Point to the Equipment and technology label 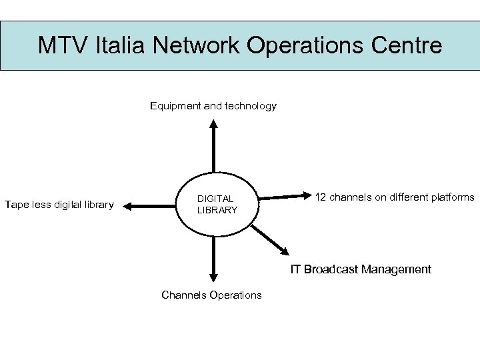coord(213,106)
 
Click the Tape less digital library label coord(59,204)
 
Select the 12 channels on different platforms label coord(395,197)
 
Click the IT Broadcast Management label coord(361,269)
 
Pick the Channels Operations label coord(211,295)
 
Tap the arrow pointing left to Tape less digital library coord(151,207)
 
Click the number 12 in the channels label coord(321,197)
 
